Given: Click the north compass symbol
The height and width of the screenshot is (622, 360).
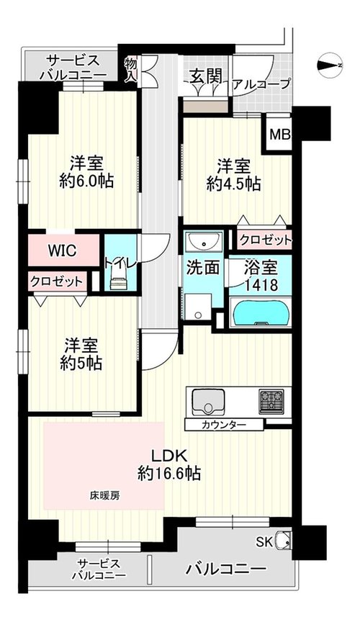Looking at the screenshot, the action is pos(330,66).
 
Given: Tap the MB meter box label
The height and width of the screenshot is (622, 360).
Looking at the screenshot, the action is pos(280,135).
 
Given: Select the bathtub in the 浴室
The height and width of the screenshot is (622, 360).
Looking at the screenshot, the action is pos(261,314).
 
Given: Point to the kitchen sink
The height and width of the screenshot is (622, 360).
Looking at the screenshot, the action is pos(208,402).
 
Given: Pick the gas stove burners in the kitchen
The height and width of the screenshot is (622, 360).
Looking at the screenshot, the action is pos(272,402).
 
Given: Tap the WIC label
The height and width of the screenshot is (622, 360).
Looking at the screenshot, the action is pos(63,251).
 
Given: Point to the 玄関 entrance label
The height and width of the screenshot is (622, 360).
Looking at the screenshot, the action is pos(205,76).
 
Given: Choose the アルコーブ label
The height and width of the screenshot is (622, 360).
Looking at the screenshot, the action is pos(261,84).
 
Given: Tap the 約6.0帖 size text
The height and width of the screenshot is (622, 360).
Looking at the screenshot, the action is pos(86,181).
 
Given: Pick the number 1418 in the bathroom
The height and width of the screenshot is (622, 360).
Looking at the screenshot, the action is pos(261,284).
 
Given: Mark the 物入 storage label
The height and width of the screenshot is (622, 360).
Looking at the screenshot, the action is pos(130,69).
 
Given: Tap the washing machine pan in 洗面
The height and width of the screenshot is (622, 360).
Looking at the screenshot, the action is pos(198,306).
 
